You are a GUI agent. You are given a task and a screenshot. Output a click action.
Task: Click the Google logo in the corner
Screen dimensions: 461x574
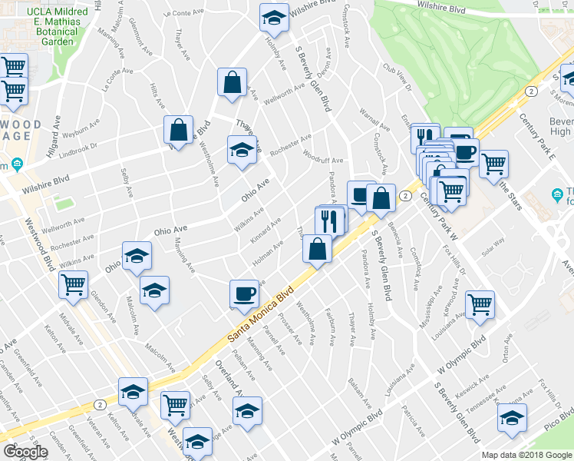25,452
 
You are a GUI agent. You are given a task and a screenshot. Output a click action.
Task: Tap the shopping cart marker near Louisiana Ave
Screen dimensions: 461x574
480,303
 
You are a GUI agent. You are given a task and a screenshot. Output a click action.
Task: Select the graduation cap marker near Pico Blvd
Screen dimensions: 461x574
512,418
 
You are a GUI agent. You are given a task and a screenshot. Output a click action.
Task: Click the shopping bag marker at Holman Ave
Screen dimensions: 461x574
317,248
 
